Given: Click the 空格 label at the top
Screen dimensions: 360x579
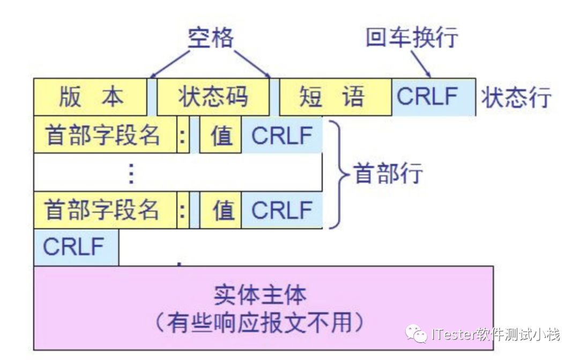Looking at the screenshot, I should coord(211,37).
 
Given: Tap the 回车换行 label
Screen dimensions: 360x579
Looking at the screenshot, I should coord(412,37).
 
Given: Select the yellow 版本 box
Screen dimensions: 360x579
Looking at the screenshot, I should coord(90,97).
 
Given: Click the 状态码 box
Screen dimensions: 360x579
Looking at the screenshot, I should coord(213,97).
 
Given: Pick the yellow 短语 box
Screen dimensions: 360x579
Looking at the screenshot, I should coord(336,97).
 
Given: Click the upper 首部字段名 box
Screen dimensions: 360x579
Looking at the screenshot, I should coord(105,134).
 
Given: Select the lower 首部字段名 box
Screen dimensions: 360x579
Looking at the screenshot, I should coord(105,209).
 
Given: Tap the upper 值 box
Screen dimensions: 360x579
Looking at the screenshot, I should coord(221,134).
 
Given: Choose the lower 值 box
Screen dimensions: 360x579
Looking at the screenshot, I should coord(221,209).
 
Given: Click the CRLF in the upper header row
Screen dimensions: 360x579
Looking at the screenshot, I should coord(282,134).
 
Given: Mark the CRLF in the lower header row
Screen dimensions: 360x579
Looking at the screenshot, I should coord(282,209).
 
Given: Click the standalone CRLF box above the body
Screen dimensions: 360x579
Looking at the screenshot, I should coord(76,247).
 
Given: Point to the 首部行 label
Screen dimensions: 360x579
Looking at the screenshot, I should coord(387,173).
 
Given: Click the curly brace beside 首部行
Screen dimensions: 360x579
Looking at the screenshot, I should coord(337,173).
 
